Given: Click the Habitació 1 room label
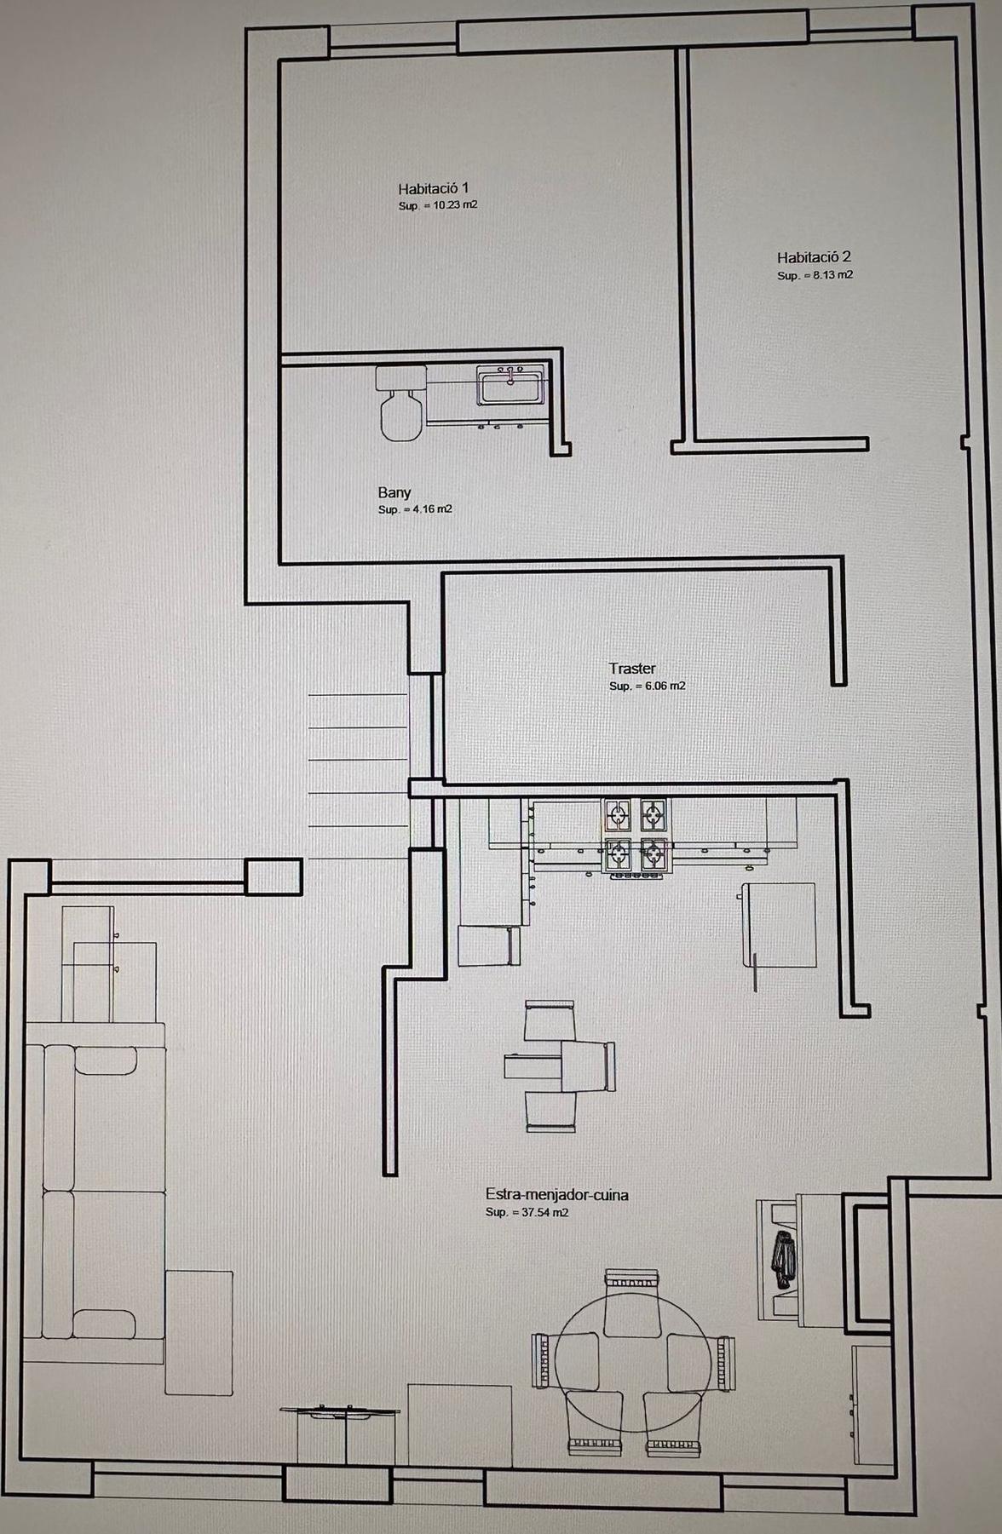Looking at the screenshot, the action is pos(433,188).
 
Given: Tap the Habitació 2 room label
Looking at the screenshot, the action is pos(814,256).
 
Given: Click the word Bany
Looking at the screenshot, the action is pos(394,492).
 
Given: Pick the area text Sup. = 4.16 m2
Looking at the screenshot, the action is pos(415,509).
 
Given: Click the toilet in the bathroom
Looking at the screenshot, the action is pos(401,403).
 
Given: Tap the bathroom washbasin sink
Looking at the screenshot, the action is pos(510,385).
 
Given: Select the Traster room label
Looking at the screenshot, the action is pos(632,669).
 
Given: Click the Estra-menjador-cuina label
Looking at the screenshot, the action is pos(557,1195).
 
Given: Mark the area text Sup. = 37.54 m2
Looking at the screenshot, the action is pos(527,1212).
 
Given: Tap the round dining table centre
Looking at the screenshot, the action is pos(632,1360).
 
